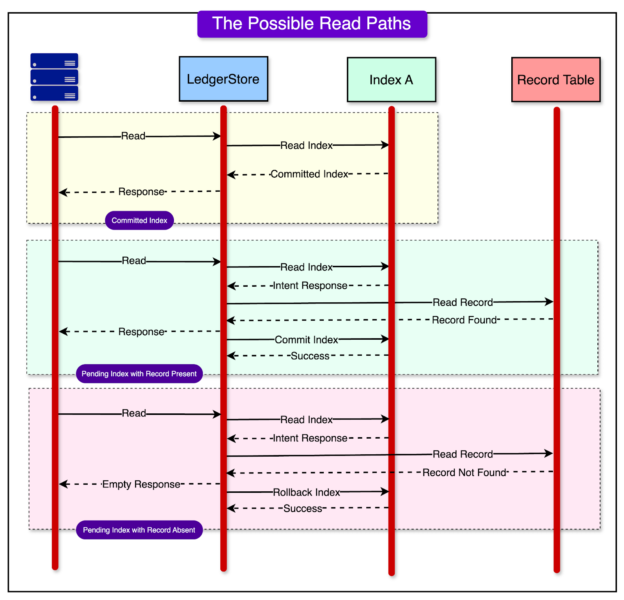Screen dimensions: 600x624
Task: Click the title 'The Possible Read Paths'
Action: tap(312, 24)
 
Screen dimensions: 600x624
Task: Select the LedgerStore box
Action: tap(223, 79)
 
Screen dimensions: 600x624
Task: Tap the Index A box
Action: tap(391, 80)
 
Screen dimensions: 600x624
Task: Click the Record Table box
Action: tap(555, 80)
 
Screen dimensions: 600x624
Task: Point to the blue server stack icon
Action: tap(54, 77)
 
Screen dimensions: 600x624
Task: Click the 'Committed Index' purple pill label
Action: tap(139, 221)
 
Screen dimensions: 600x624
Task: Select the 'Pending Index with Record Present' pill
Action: tap(139, 374)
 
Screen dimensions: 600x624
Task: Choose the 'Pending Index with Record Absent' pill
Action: tap(139, 530)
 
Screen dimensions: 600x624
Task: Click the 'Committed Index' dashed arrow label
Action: tap(309, 174)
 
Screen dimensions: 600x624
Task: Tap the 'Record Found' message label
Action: tap(464, 320)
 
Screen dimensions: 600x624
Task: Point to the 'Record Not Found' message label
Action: tap(464, 473)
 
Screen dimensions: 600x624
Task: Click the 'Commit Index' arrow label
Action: tap(307, 340)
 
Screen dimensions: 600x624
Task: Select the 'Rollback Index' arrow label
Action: tap(307, 493)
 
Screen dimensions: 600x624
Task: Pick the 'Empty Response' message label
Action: tap(141, 485)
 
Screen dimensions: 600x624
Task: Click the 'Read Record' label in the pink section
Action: tap(463, 455)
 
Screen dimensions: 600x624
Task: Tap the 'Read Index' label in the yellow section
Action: tap(307, 146)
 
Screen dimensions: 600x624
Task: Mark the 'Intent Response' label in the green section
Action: tap(310, 286)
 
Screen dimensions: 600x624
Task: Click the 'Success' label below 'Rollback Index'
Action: tap(303, 509)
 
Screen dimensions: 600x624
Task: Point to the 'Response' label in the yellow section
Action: tap(141, 192)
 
